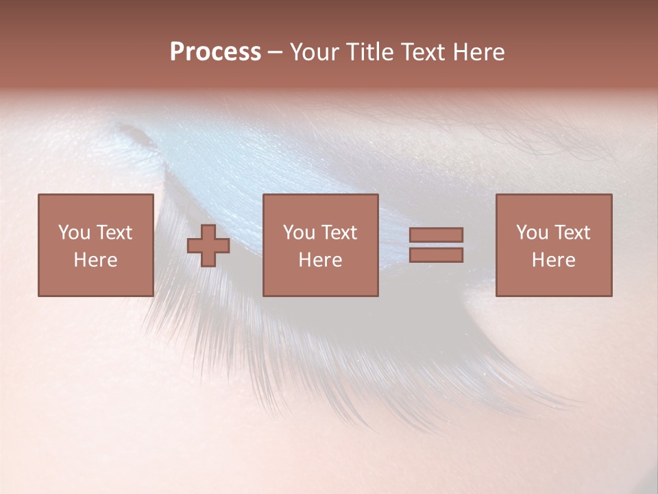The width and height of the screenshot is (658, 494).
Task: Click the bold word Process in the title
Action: click(215, 52)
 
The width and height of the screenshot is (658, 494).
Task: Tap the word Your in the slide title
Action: click(313, 52)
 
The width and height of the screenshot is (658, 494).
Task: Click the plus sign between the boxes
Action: click(208, 246)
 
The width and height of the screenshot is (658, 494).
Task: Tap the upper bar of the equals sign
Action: click(436, 235)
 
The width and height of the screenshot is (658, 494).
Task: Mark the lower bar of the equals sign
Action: click(436, 255)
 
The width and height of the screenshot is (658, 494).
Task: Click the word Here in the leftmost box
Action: click(95, 260)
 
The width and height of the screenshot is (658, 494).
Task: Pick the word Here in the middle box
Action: click(320, 260)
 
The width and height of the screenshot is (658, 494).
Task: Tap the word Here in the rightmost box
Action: click(553, 260)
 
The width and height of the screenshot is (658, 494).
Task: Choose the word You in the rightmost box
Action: click(531, 233)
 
